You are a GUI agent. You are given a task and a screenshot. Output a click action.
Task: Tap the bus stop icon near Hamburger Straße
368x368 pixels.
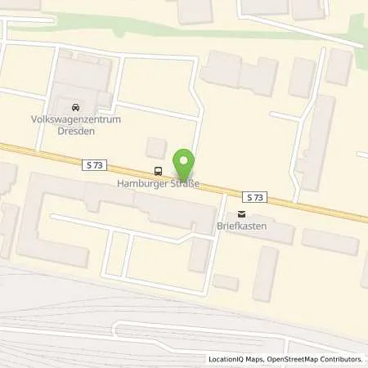tap(157, 171)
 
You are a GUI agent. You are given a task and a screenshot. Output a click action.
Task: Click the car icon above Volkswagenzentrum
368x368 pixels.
tap(76, 107)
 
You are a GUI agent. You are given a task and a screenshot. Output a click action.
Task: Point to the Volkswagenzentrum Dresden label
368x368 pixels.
tap(76, 123)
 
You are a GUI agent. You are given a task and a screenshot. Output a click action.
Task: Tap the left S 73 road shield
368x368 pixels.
tap(94, 165)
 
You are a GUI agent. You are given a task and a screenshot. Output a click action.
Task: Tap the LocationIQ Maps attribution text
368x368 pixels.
tap(234, 359)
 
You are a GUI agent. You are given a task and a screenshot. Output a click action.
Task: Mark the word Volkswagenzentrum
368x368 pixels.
tap(76, 119)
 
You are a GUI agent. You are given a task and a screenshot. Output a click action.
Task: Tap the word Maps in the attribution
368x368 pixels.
tap(249, 359)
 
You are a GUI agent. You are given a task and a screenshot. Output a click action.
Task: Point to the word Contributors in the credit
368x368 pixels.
tap(341, 359)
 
